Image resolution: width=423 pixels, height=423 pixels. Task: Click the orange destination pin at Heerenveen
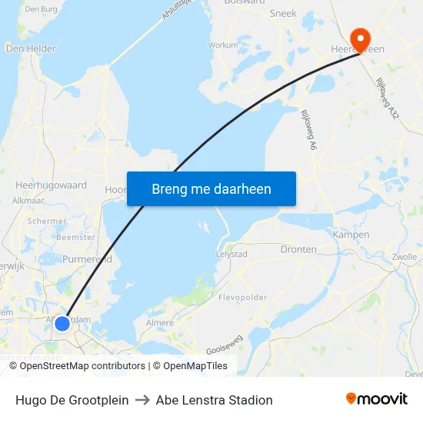(x=359, y=37)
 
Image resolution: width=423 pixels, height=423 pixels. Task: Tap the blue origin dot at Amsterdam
(x=62, y=324)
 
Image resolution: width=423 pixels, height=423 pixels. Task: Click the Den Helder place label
(x=31, y=48)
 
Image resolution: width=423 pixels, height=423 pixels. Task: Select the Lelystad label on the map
(x=231, y=253)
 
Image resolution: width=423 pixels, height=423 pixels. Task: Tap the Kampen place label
(x=351, y=234)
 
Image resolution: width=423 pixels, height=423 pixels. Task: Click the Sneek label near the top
(x=283, y=13)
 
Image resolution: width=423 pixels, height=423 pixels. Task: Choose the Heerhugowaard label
(x=52, y=185)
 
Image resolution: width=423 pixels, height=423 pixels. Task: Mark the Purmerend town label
(x=87, y=259)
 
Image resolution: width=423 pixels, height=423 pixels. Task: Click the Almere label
(x=160, y=323)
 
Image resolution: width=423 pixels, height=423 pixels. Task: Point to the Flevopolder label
(x=241, y=297)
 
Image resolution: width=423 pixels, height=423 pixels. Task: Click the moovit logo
(x=376, y=399)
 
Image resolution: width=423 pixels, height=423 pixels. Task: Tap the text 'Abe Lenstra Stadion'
(x=214, y=400)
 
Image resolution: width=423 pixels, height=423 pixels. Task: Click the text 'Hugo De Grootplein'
(x=72, y=400)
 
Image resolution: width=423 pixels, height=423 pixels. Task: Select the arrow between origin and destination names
(x=142, y=400)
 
